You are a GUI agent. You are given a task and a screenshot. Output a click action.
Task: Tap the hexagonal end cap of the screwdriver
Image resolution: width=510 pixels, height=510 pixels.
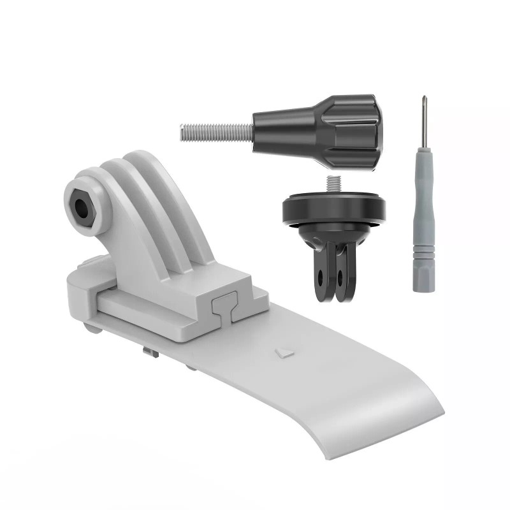coord(423,283)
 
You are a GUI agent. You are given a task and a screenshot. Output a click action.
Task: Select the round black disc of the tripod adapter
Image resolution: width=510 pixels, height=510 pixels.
coord(333,211)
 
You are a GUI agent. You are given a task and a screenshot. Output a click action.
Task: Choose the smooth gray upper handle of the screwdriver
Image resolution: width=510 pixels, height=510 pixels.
coord(424,204)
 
